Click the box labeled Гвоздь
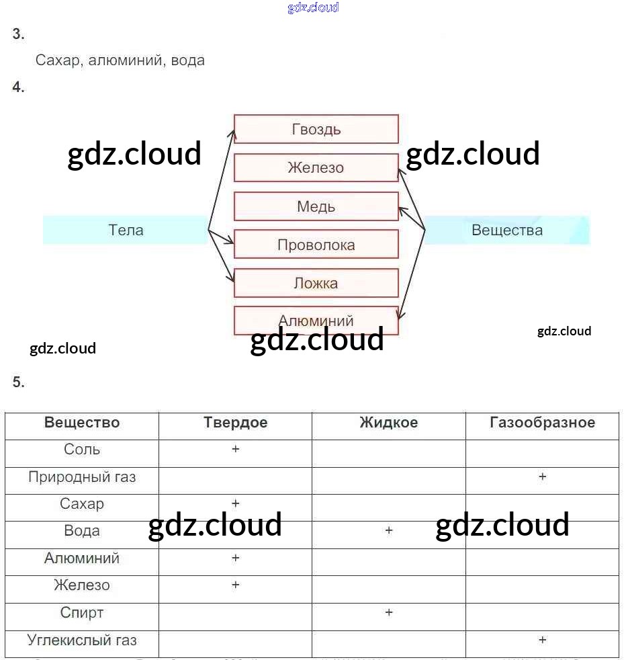[316, 129]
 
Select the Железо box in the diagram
[316, 167]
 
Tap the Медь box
[316, 206]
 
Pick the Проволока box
[316, 245]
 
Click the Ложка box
[316, 283]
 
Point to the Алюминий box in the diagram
[316, 321]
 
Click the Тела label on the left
[126, 230]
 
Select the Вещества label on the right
[507, 230]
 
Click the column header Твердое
[235, 423]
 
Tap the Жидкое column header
[388, 423]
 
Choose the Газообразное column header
[542, 423]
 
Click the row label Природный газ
[82, 477]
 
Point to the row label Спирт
[82, 613]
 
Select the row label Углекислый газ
[82, 640]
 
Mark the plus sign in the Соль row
[236, 449]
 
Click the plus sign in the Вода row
[388, 531]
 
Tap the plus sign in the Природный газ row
[542, 477]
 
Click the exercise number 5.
[18, 382]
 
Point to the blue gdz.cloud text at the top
[313, 8]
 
